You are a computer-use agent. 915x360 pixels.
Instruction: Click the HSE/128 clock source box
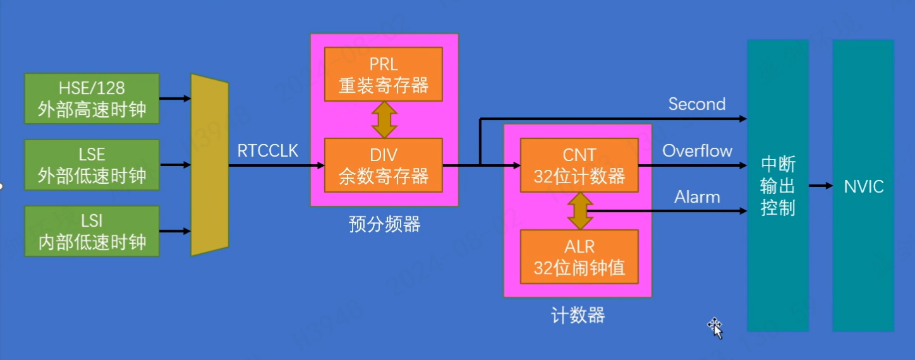tap(92, 98)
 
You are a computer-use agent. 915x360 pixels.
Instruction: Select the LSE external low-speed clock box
tap(92, 165)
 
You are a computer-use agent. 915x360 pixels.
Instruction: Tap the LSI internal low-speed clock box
tap(92, 231)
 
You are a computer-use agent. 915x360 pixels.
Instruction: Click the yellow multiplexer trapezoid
tap(209, 165)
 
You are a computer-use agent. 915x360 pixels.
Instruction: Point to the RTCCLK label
tap(268, 150)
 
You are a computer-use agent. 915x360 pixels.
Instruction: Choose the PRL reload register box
tap(384, 74)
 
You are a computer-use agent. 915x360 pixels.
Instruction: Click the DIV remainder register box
tap(384, 165)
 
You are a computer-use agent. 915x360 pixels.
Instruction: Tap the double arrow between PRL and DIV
tap(384, 120)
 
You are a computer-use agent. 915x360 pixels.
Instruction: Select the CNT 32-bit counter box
tap(579, 165)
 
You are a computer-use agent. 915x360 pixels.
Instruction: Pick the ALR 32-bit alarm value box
tap(579, 257)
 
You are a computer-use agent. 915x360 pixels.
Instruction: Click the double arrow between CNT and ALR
tap(579, 211)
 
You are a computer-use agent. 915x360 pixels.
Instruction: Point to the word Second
tap(697, 104)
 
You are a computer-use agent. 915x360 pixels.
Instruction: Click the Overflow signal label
tap(697, 151)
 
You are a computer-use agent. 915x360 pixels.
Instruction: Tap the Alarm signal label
tap(697, 197)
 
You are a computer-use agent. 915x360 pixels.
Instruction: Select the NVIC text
tap(863, 186)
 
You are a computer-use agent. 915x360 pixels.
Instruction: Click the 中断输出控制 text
tap(778, 186)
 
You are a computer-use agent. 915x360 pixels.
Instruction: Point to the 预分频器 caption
tap(384, 224)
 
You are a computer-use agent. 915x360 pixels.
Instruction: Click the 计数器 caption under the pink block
tap(578, 315)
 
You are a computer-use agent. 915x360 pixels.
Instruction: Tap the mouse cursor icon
tap(715, 327)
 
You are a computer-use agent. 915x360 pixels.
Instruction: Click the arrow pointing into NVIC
tap(820, 186)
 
